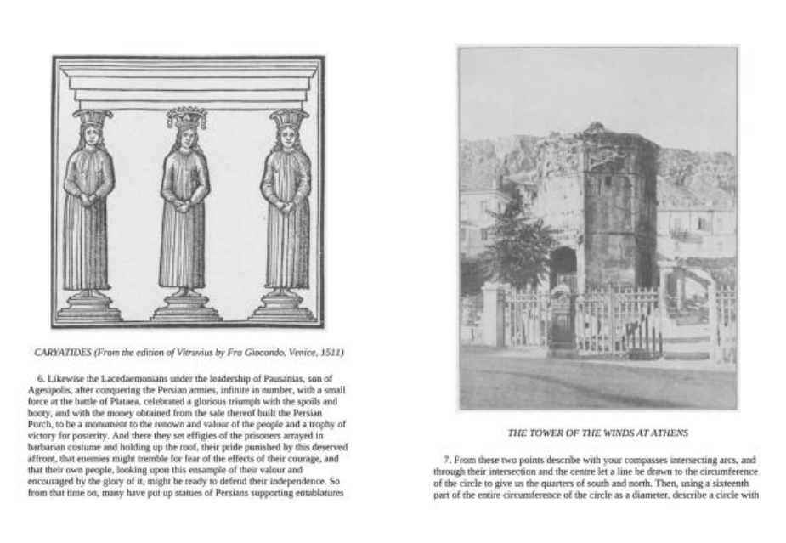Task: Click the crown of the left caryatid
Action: tap(92, 117)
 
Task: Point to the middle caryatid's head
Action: tap(186, 136)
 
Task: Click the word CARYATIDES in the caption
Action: tap(62, 351)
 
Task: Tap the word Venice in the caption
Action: tap(297, 351)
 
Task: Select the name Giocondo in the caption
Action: tap(257, 351)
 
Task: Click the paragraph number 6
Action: tap(42, 377)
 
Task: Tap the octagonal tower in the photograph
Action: tap(616, 204)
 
